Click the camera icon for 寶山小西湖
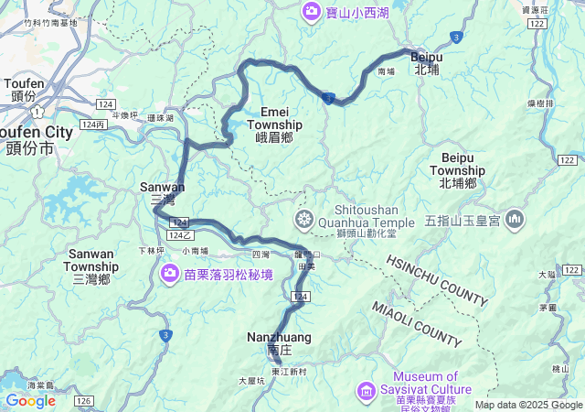(x=311, y=11)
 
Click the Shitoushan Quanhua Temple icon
(x=303, y=220)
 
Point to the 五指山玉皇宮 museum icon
(x=515, y=220)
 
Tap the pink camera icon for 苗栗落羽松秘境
(x=170, y=274)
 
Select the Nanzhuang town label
(x=279, y=342)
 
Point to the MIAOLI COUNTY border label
(x=416, y=324)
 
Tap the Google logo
(x=30, y=400)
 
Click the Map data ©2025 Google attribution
(x=527, y=405)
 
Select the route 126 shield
(x=84, y=401)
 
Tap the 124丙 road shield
(x=92, y=124)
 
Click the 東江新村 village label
(x=290, y=371)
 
